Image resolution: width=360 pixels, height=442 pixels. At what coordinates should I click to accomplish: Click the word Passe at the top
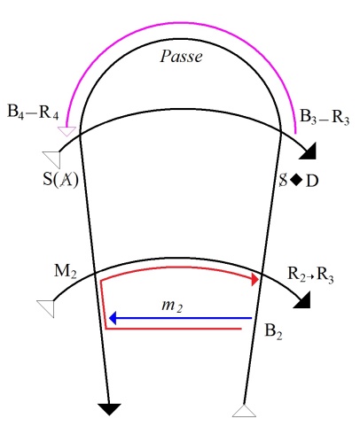click(181, 56)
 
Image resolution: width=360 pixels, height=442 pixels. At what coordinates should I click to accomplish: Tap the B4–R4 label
click(33, 112)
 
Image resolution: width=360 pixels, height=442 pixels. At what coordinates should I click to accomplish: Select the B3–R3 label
click(325, 117)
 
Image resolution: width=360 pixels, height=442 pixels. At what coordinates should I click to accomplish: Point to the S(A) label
click(60, 179)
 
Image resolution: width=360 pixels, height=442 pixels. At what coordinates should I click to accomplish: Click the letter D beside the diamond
click(312, 181)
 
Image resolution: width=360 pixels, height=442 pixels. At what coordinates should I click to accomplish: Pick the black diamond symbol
click(296, 180)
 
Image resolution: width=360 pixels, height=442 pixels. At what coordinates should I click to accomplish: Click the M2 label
click(66, 271)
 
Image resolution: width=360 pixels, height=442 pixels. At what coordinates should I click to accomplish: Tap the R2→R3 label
click(310, 275)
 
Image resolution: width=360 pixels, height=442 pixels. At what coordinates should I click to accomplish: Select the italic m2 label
click(172, 306)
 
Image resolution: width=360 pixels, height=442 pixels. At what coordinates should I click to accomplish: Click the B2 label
click(273, 331)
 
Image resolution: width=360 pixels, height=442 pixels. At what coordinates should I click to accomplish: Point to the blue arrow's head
click(113, 318)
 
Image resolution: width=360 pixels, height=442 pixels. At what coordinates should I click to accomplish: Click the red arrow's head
click(254, 279)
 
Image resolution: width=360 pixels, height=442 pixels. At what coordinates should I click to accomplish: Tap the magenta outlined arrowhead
click(67, 131)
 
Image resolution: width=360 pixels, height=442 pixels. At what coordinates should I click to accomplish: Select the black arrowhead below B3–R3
click(309, 151)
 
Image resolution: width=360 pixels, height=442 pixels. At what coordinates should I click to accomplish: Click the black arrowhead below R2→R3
click(302, 300)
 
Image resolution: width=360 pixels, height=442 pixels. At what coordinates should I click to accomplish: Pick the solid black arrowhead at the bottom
click(109, 409)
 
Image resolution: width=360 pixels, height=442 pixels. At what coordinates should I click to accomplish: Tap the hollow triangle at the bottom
click(244, 411)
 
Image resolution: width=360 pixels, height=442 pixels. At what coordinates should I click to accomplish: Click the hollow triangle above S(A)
click(52, 159)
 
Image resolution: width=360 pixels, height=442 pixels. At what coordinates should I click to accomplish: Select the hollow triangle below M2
click(46, 308)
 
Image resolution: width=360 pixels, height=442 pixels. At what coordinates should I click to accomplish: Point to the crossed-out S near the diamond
click(283, 180)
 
